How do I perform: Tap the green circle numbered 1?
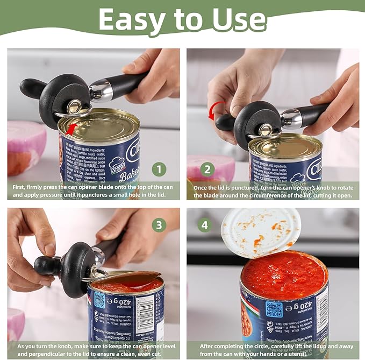(158, 171)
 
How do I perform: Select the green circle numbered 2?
(207, 171)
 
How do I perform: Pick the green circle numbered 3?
(158, 224)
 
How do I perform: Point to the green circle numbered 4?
(204, 224)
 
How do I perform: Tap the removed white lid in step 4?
(261, 232)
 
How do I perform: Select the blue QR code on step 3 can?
(99, 300)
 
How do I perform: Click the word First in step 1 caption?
(21, 186)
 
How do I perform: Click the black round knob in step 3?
(45, 265)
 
